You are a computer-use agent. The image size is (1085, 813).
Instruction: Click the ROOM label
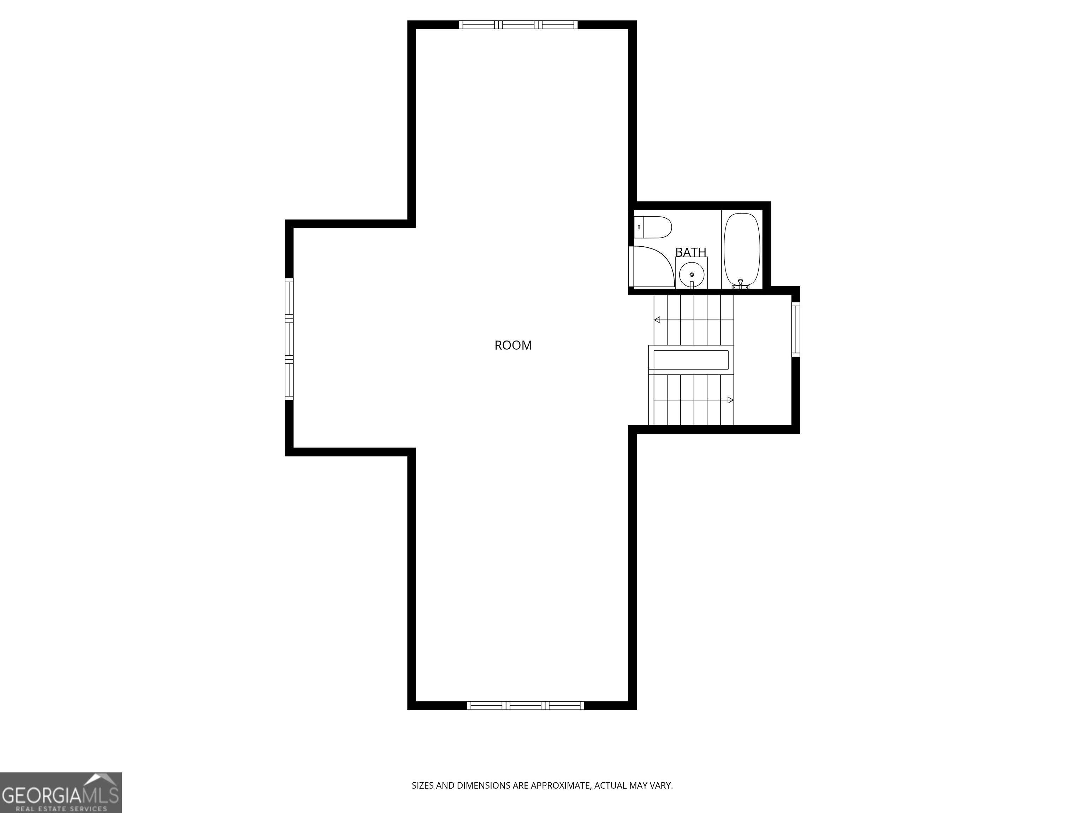click(513, 345)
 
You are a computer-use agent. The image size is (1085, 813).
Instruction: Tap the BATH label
click(690, 252)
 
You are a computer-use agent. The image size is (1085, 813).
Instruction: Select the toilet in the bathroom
click(653, 227)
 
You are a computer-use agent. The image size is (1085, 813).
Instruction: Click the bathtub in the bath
click(742, 250)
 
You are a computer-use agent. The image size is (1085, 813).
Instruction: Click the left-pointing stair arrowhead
click(657, 320)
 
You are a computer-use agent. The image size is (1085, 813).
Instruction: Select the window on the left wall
click(289, 339)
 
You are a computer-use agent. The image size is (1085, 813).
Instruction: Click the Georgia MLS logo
click(61, 793)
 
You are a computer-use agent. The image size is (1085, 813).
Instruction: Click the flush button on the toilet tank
click(639, 227)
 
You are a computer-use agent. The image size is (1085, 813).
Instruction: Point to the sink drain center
click(692, 275)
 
